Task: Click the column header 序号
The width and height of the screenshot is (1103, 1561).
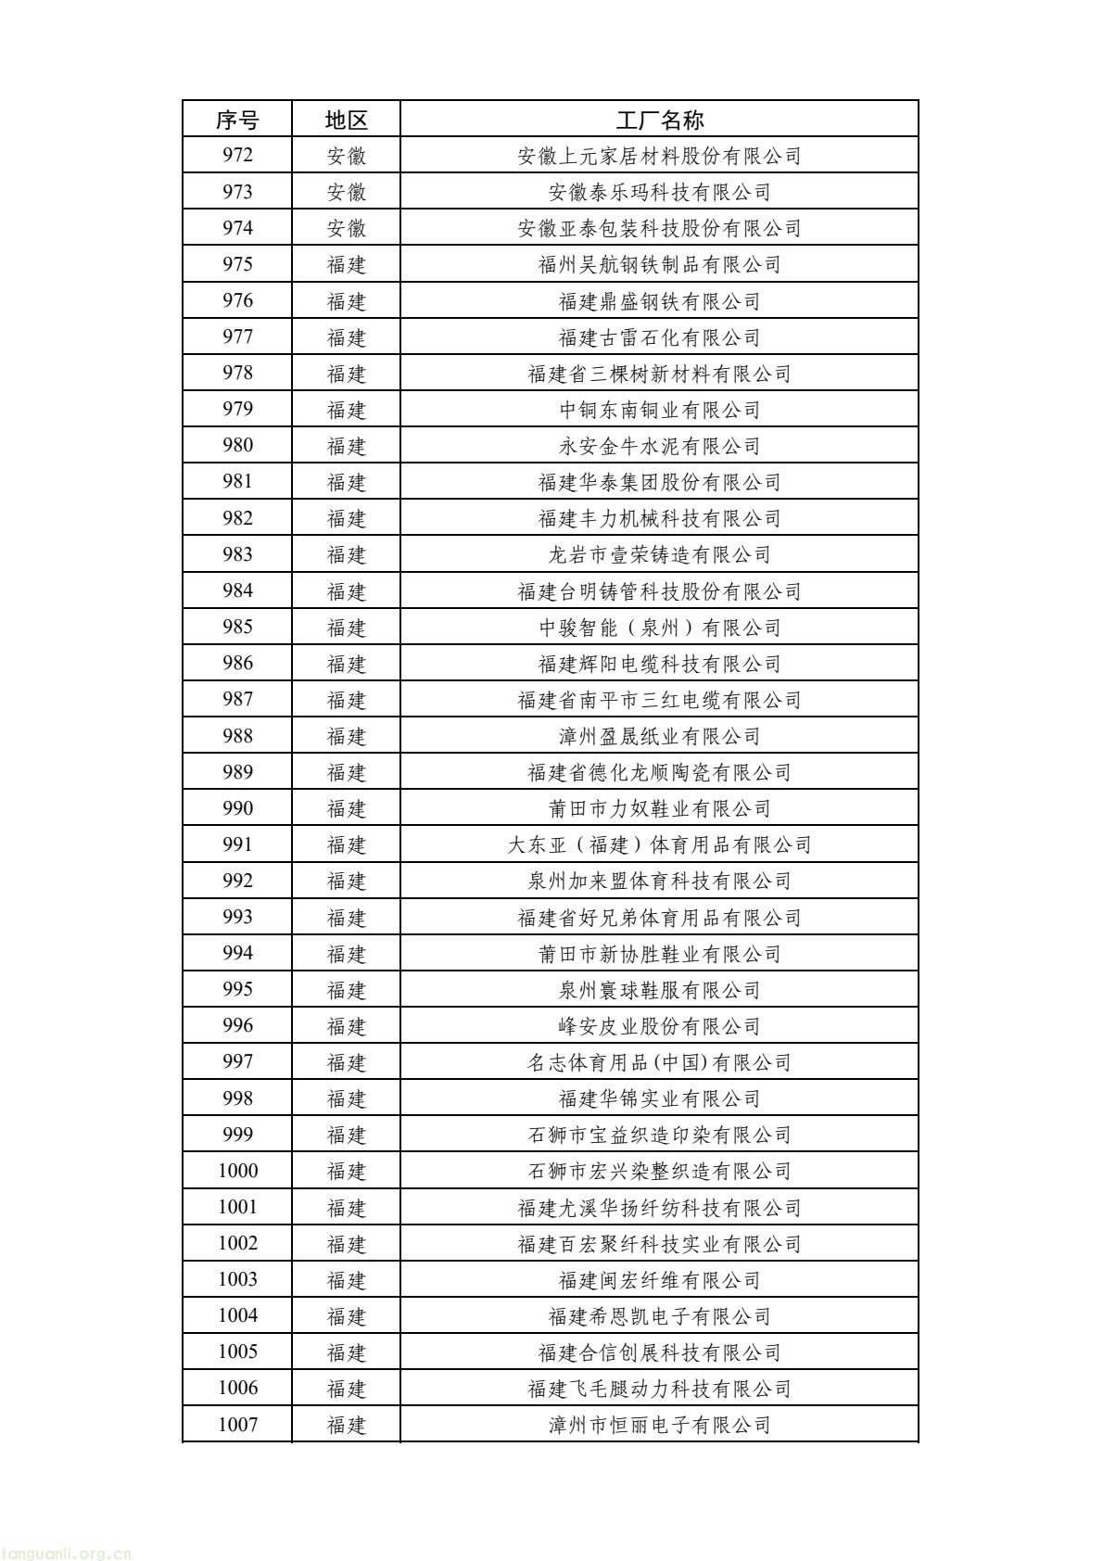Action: tap(237, 120)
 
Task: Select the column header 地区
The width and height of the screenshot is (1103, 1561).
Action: tap(347, 120)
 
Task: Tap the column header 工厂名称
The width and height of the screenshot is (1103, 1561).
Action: tap(659, 120)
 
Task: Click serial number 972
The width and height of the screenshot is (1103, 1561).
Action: tap(237, 156)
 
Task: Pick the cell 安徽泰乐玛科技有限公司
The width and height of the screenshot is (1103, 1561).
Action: tap(659, 192)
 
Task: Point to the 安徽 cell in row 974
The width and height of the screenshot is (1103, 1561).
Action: tap(347, 228)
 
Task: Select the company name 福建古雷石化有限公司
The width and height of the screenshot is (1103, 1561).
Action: tap(659, 337)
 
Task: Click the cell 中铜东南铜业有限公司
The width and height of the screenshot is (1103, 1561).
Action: tap(659, 410)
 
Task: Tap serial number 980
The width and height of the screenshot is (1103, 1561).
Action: tap(237, 446)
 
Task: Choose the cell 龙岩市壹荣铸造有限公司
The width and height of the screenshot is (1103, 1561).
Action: tap(659, 554)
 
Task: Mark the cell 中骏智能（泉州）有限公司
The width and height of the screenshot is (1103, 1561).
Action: tap(659, 628)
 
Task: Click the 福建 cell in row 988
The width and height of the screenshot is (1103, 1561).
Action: tap(347, 736)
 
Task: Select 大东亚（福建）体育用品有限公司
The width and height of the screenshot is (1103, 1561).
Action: tap(659, 844)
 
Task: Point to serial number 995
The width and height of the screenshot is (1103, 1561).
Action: tap(237, 989)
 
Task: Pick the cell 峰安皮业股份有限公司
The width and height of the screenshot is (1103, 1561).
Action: tap(659, 1026)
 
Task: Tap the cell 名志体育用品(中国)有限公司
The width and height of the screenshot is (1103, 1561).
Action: tap(659, 1062)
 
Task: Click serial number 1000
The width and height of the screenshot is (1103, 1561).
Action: tap(237, 1171)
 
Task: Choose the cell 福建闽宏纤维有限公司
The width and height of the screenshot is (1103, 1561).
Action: tap(659, 1280)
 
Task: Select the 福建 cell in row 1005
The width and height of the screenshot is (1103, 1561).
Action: tap(347, 1352)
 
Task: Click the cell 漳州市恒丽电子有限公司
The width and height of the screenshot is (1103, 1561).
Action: tap(659, 1425)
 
